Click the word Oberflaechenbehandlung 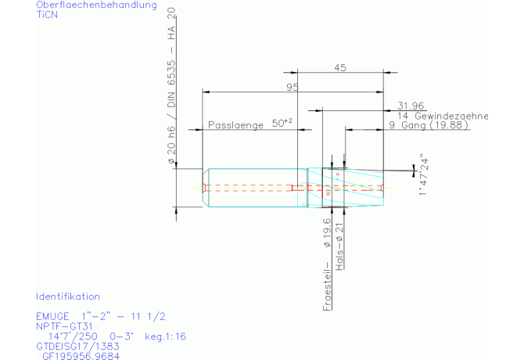(96, 5)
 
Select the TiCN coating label (47, 15)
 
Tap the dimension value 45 (340, 68)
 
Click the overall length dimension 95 (293, 87)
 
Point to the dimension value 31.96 (411, 106)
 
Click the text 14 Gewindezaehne (443, 117)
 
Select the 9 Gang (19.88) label (429, 125)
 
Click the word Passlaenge (236, 125)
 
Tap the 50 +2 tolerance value (282, 123)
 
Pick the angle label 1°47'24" (424, 175)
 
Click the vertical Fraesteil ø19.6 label (327, 265)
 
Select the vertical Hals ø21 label (340, 247)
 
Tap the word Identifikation (68, 297)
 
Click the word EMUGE (53, 316)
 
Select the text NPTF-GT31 (64, 326)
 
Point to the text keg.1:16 (166, 337)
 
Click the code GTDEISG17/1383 (77, 347)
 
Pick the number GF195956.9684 (81, 356)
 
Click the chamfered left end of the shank (206, 188)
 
